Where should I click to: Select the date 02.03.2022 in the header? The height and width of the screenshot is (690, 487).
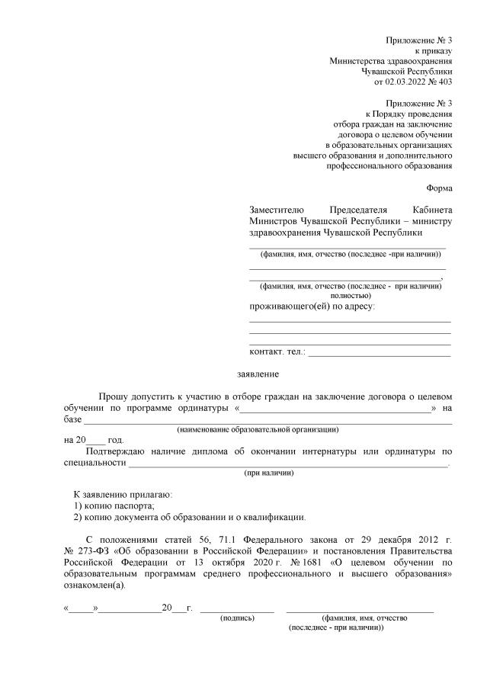click(x=405, y=82)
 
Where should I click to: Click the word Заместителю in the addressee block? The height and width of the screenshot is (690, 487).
click(x=277, y=210)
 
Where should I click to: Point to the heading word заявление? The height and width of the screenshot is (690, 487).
click(x=259, y=374)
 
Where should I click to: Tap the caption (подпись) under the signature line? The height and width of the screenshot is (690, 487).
click(x=237, y=618)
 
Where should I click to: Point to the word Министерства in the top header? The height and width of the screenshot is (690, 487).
click(x=358, y=60)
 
